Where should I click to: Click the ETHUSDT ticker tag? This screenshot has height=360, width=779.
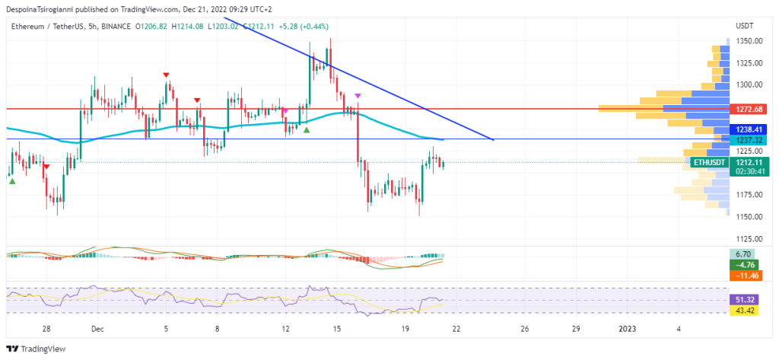click(x=710, y=161)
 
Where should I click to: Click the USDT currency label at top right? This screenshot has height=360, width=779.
click(x=744, y=25)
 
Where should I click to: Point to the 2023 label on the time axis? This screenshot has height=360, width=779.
click(x=628, y=329)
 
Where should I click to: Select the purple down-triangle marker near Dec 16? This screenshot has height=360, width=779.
click(x=358, y=95)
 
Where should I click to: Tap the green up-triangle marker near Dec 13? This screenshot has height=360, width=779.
click(x=307, y=130)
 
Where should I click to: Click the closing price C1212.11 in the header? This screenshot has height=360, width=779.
click(x=257, y=25)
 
